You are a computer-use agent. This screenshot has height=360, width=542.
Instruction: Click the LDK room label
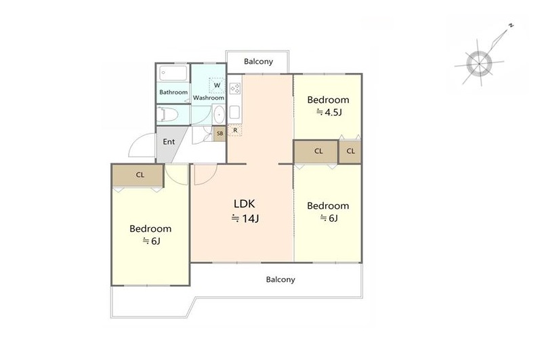click(x=245, y=203)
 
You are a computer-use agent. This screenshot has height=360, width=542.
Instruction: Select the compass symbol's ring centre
click(x=479, y=64)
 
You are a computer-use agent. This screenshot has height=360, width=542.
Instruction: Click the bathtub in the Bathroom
click(x=173, y=73)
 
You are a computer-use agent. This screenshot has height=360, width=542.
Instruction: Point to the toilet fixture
click(x=167, y=115)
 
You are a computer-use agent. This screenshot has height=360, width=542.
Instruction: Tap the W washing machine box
click(x=217, y=85)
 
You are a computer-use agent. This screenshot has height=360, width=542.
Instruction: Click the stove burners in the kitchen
click(x=235, y=89)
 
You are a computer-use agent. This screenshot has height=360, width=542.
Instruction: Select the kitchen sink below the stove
click(x=234, y=112)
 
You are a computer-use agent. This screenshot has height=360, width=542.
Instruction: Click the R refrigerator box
click(x=235, y=130)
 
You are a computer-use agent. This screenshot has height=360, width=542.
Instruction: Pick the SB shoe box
click(x=220, y=134)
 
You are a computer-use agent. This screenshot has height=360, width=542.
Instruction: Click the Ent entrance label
click(x=169, y=142)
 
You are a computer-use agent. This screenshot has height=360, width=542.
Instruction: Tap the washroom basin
click(x=219, y=114)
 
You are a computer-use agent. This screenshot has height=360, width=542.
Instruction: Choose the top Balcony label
click(x=258, y=62)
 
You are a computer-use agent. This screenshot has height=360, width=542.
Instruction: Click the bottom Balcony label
click(x=280, y=279)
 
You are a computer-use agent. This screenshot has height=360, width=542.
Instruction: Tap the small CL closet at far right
click(x=350, y=151)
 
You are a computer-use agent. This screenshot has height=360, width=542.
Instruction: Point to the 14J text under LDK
click(x=245, y=218)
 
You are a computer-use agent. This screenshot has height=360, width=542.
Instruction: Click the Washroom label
click(x=209, y=98)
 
